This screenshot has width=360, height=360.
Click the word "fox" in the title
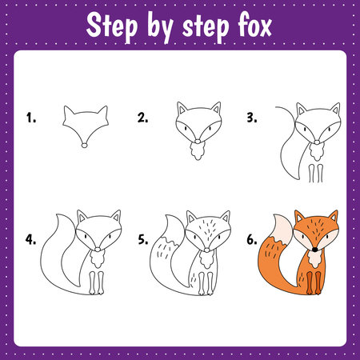click(x=254, y=26)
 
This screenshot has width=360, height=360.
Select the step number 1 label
click(x=31, y=118)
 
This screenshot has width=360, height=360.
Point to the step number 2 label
click(x=142, y=118)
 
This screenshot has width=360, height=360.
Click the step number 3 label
click(x=252, y=118)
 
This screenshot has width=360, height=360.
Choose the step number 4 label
click(x=30, y=239)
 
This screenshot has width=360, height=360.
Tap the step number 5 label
click(x=143, y=239)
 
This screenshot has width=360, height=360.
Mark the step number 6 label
click(x=252, y=239)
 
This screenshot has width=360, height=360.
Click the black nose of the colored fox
click(x=315, y=250)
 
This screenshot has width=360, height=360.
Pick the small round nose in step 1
click(x=84, y=146)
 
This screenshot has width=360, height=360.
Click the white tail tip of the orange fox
click(x=282, y=230)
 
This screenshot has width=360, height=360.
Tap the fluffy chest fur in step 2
click(x=198, y=151)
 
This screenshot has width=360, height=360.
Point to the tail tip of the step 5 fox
click(x=174, y=230)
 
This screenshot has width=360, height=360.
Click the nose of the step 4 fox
click(x=98, y=250)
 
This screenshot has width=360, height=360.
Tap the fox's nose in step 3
click(x=317, y=142)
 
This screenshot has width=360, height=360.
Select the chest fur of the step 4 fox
click(x=97, y=259)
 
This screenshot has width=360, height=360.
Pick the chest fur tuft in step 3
click(x=317, y=152)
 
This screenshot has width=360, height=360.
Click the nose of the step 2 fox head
click(x=198, y=142)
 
